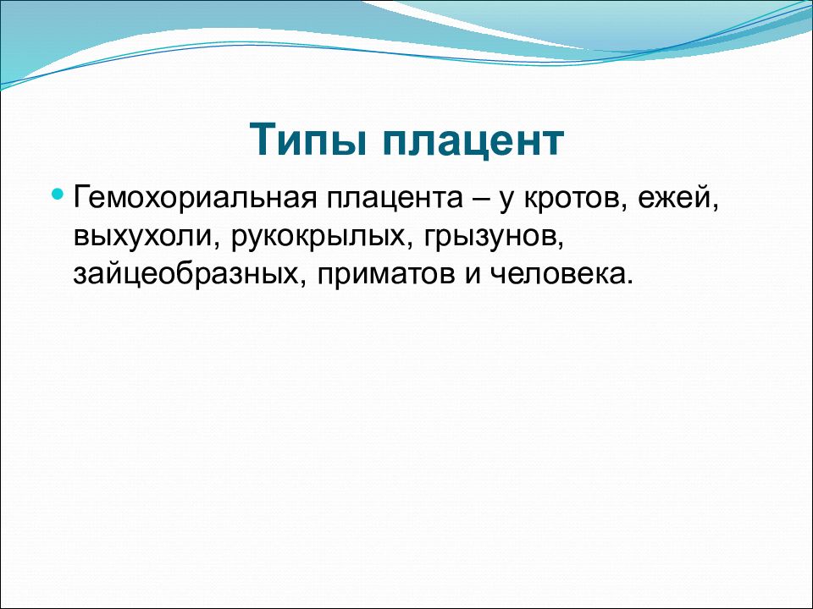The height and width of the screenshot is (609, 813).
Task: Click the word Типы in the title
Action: point(309,140)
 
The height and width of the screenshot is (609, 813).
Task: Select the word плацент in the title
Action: point(473,141)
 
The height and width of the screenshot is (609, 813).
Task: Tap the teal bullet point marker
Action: point(58,195)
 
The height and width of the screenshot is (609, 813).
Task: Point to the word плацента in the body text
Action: point(395,199)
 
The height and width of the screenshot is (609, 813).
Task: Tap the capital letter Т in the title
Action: point(264,140)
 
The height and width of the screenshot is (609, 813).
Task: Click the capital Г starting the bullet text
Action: point(82,198)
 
